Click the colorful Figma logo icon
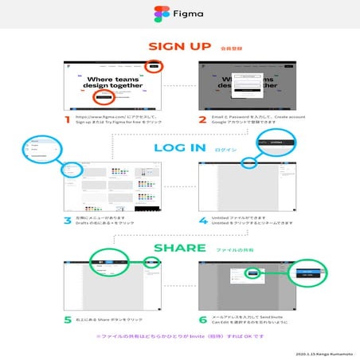pyautogui.click(x=160, y=14)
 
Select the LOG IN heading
pyautogui.click(x=179, y=147)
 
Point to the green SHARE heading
pyautogui.click(x=180, y=248)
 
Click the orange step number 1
pyautogui.click(x=68, y=120)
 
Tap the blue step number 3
pyautogui.click(x=68, y=220)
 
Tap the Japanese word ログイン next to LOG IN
pyautogui.click(x=225, y=148)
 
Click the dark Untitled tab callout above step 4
pyautogui.click(x=275, y=143)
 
